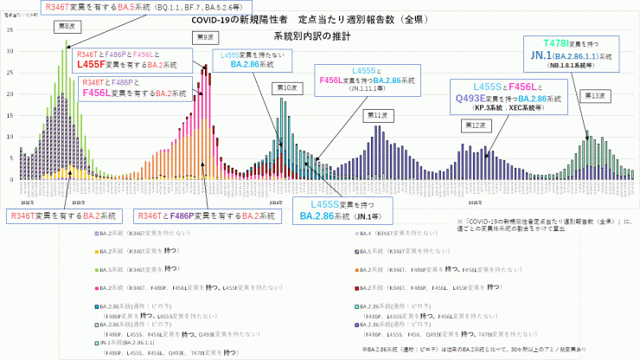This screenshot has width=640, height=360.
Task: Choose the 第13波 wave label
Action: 592,96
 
